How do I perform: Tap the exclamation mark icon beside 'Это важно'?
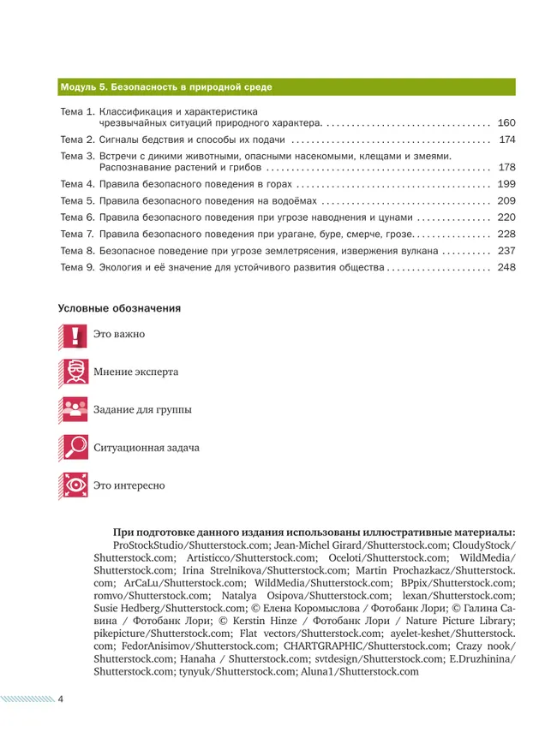click(x=74, y=335)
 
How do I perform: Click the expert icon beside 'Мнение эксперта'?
click(x=74, y=372)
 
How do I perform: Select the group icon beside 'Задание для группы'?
click(x=74, y=410)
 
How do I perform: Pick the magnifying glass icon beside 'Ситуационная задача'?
click(x=74, y=448)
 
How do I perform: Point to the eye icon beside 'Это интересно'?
click(x=74, y=485)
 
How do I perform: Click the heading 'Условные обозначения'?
click(x=119, y=307)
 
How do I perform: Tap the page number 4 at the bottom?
click(x=61, y=699)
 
